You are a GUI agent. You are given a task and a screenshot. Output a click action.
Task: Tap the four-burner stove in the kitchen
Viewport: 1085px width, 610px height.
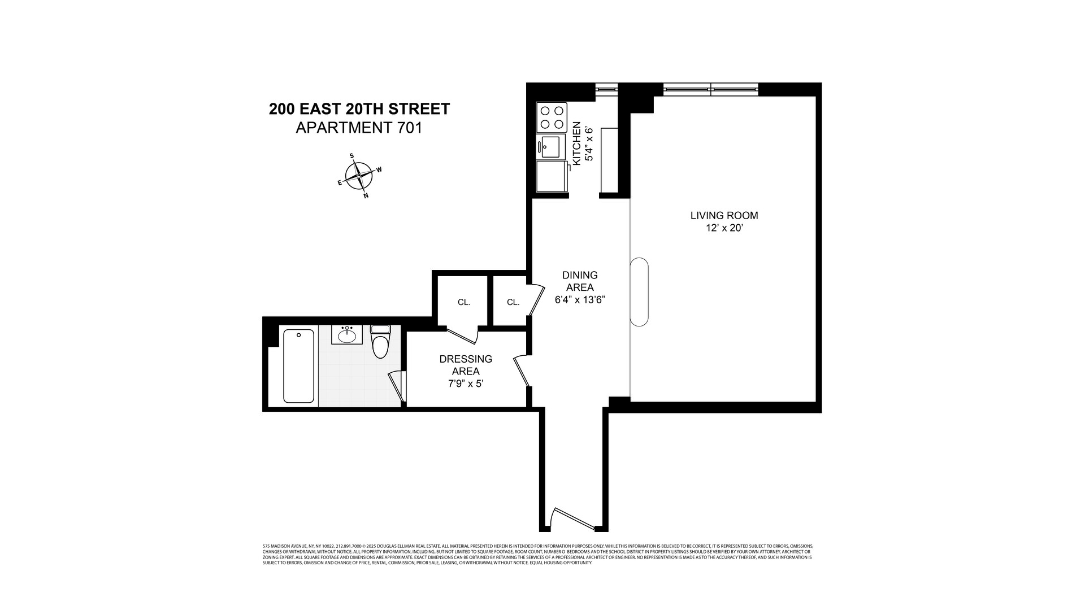(552, 117)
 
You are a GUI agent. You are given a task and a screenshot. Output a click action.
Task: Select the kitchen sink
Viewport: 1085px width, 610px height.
(550, 147)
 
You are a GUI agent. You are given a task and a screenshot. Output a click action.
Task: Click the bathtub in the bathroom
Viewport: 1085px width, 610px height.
(298, 366)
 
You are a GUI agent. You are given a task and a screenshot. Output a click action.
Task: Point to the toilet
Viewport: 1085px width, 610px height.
(380, 342)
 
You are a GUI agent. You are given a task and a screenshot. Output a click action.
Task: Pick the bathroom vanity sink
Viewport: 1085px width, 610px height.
(347, 335)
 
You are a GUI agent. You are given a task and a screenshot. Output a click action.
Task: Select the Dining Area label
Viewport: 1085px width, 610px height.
(579, 281)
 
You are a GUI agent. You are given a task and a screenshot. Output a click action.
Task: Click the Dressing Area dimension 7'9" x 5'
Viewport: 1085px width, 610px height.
(466, 384)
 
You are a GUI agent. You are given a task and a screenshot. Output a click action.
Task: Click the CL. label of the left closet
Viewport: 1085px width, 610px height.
(464, 302)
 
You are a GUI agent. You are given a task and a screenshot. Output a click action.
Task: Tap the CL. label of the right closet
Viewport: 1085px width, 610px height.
(513, 302)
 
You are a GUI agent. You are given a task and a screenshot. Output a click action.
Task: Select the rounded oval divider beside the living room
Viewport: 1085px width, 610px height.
(639, 292)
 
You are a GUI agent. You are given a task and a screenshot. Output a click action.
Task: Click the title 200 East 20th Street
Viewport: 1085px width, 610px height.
(359, 109)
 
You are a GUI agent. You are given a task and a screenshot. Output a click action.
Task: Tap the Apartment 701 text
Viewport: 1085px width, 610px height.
(359, 128)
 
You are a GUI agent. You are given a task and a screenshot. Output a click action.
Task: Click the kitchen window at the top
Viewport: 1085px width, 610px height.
(607, 88)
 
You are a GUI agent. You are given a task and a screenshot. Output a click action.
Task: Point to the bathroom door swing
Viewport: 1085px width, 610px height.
(397, 386)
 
